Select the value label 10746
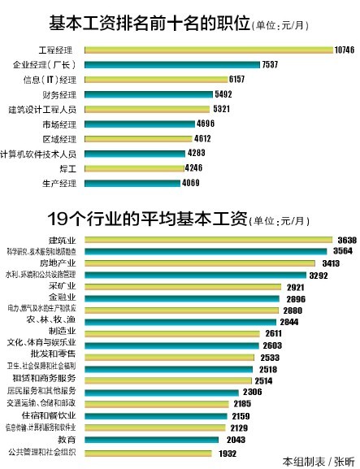click(345, 50)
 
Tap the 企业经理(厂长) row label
click(48, 65)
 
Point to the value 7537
click(271, 65)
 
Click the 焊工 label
click(67, 168)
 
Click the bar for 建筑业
click(207, 240)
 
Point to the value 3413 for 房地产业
click(319, 263)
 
